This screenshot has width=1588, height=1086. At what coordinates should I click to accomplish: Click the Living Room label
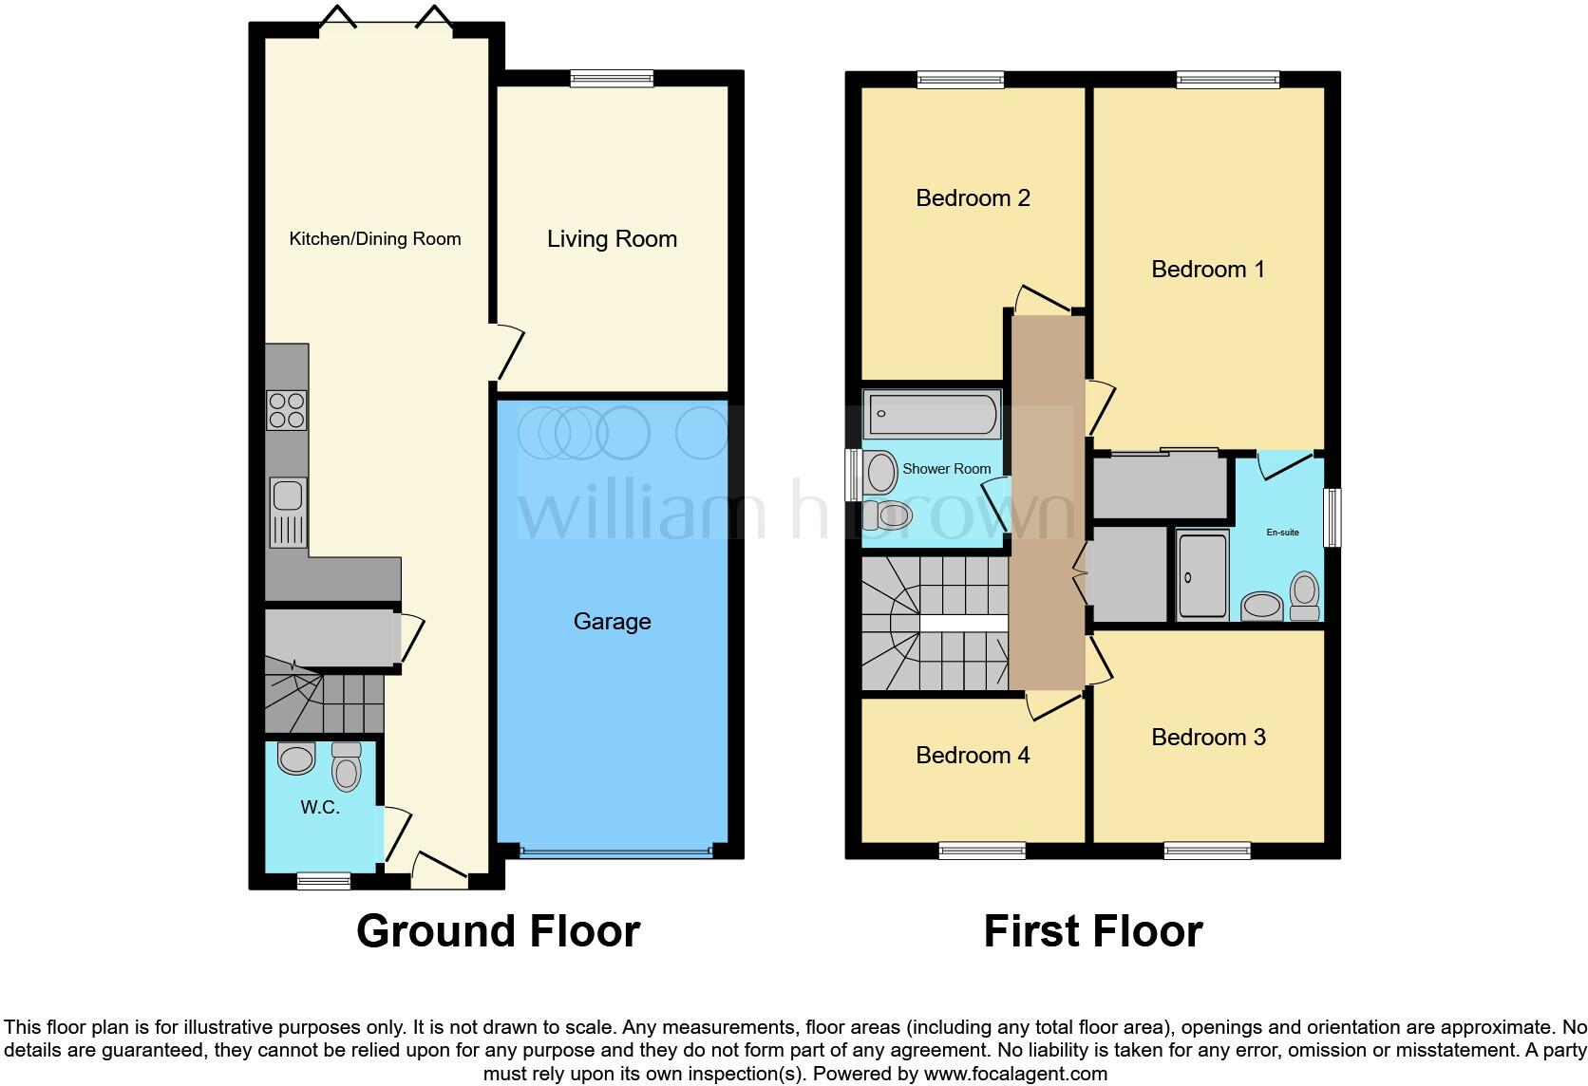[x=612, y=239]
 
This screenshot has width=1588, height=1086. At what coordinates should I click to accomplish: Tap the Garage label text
[x=612, y=622]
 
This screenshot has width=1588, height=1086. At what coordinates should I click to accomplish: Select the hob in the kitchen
[x=287, y=410]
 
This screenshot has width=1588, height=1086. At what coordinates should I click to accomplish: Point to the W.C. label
[x=320, y=808]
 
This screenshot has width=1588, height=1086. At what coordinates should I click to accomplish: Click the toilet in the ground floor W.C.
[x=347, y=767]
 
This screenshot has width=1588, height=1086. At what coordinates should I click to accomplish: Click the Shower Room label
[x=946, y=469]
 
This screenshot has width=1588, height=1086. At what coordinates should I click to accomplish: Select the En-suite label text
[x=1282, y=533]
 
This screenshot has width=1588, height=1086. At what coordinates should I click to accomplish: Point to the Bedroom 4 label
[x=973, y=756]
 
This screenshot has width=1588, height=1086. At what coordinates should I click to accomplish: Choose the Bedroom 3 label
[x=1208, y=738]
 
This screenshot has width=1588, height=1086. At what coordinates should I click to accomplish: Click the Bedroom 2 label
[x=973, y=198]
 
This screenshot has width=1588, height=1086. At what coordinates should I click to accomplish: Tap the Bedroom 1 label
[x=1208, y=270]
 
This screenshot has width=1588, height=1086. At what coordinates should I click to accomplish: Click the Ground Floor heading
[x=498, y=931]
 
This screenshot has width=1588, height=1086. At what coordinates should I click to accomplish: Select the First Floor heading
[x=1093, y=931]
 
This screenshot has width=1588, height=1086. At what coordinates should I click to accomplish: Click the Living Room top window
[x=612, y=79]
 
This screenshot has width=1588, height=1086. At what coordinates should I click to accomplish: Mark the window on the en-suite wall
[x=1333, y=517]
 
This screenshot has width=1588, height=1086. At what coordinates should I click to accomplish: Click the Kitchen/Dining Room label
[x=375, y=239]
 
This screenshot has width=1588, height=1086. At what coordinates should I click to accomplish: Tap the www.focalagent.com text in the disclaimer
[x=1014, y=1075]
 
